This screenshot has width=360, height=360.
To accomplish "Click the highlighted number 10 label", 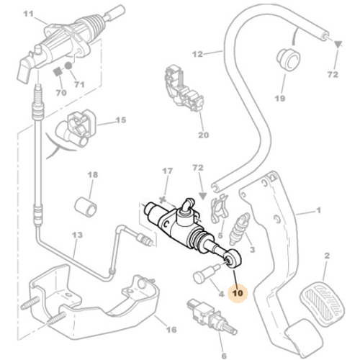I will pyautogui.click(x=237, y=294).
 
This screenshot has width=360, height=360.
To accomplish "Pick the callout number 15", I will pyautogui.click(x=120, y=121).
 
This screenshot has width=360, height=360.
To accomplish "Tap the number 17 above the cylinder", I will pyautogui.click(x=166, y=171).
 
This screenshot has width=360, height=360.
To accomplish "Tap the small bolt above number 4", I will pyautogui.click(x=204, y=276).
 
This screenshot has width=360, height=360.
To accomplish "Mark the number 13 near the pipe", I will pyautogui.click(x=77, y=235).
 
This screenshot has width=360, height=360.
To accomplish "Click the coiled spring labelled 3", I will pyautogui.click(x=240, y=233).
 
